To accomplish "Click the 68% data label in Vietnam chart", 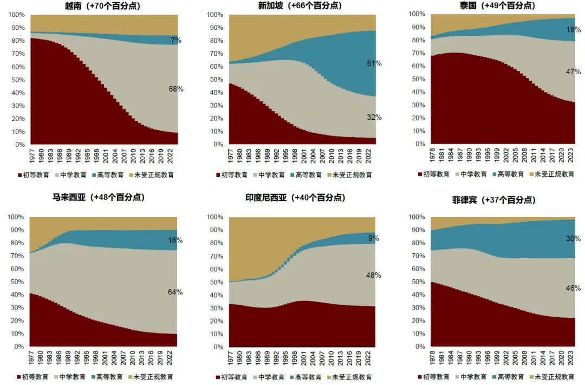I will (x=176, y=89).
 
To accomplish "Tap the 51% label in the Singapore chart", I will (x=374, y=63).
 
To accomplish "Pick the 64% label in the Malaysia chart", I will (x=175, y=292).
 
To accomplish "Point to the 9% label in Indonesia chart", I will (x=374, y=238).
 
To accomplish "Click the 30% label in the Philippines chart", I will (x=573, y=239).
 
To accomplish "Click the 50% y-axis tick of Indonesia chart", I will (x=216, y=282).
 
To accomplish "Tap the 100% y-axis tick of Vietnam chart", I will (x=16, y=15).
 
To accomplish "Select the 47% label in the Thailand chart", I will (x=573, y=72).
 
